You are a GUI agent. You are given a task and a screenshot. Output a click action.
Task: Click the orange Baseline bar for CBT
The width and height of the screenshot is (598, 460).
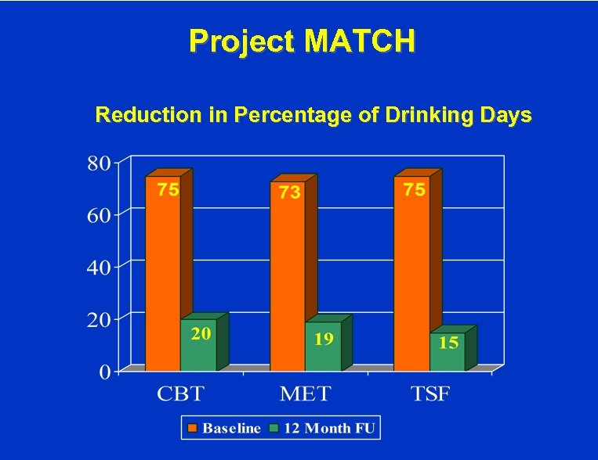click(163, 274)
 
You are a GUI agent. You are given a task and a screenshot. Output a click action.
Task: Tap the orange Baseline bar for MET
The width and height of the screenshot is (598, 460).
click(288, 278)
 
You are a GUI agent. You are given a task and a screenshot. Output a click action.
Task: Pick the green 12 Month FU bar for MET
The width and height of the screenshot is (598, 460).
click(323, 347)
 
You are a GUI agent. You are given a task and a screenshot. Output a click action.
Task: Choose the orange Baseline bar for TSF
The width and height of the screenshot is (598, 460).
click(411, 274)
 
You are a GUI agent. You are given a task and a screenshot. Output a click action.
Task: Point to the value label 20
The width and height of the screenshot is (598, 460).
click(201, 334)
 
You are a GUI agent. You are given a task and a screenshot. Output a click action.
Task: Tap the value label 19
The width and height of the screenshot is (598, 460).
click(324, 339)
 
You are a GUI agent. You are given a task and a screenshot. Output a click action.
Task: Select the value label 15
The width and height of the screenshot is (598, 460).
click(448, 343)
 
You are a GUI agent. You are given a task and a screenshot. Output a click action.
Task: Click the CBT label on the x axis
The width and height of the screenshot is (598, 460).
click(183, 394)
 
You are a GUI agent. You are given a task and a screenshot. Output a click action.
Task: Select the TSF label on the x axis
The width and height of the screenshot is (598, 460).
click(430, 394)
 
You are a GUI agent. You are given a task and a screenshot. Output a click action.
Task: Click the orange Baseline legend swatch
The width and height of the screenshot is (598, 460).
click(193, 428)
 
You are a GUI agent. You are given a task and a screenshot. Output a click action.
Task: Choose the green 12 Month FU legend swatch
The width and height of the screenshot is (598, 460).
click(274, 428)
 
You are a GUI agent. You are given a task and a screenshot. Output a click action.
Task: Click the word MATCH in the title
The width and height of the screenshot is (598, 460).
click(361, 41)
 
